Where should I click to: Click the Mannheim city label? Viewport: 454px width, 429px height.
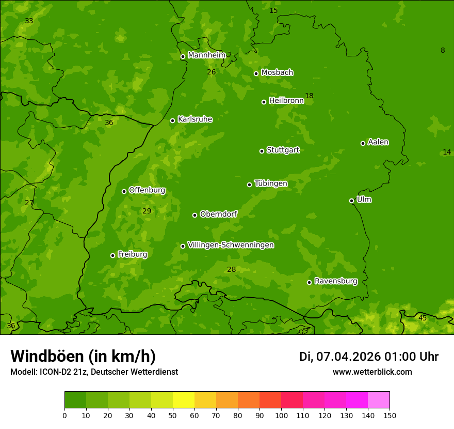coord(206,55)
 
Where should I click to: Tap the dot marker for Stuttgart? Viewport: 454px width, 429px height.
coord(262,151)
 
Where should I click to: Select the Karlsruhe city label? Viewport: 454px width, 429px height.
coord(194,119)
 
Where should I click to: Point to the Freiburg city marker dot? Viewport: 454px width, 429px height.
coord(112,255)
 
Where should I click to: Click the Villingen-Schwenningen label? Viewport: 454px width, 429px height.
coord(231,245)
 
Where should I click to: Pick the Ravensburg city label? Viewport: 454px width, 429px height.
coord(335,281)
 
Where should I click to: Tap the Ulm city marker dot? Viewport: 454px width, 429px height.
coord(351,201)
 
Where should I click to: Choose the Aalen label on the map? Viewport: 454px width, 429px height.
coord(378,142)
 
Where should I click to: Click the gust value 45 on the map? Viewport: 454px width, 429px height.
coord(422,318)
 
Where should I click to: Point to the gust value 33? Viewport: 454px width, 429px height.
coord(29,21)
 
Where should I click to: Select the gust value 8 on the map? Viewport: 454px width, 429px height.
coord(442,50)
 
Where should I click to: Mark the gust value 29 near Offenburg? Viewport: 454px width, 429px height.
coord(147,211)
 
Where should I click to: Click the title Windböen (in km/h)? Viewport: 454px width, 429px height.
coord(83,356)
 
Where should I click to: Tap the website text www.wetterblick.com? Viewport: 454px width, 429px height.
coord(372,372)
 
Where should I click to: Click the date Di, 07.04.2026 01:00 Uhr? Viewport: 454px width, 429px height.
coord(368,357)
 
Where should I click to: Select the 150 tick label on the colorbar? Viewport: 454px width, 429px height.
coord(389,415)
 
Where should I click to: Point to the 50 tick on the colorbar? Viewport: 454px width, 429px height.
coord(173,415)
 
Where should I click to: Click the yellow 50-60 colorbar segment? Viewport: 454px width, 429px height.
coord(184,400)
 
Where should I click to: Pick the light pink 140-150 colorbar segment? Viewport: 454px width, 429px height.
coord(378,400)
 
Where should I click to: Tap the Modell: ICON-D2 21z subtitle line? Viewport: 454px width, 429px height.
coord(94,372)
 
